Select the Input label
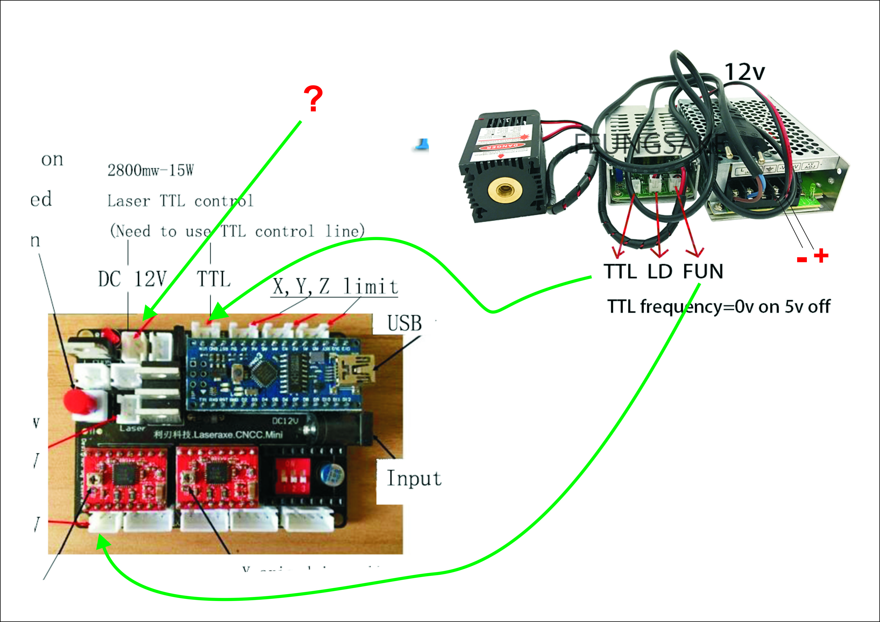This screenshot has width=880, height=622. (414, 478)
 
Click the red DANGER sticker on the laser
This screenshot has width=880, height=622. (501, 146)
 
